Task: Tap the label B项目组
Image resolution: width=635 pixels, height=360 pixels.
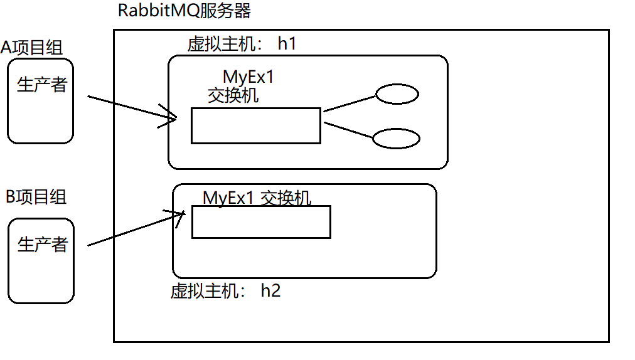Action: pos(36,196)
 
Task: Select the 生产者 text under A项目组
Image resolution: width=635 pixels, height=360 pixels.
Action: pos(41,85)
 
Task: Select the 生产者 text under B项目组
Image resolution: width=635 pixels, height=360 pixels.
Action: pos(42,244)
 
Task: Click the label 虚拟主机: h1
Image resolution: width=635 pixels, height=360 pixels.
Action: pos(242,44)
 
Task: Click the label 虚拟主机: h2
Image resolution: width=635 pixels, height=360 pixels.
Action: pos(225,291)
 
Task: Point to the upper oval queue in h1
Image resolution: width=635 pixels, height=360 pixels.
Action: pos(397,94)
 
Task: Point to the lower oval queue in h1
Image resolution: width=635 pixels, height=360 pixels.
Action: pos(396,139)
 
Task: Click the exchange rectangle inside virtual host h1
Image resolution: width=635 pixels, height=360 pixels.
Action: pos(255,125)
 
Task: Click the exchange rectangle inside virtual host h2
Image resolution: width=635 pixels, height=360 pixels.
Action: pos(260,221)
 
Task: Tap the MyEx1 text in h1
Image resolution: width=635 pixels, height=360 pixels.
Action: pos(248,78)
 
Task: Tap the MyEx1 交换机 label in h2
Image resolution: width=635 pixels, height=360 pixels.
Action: pos(257,198)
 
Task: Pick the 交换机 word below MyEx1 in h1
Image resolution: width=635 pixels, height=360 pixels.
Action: pos(233,95)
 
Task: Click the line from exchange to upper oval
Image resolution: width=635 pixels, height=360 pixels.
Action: pos(349,103)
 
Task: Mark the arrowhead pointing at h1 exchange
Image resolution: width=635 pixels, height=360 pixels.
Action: pos(171,117)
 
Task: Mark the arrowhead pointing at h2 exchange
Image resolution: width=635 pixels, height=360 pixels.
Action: pos(179,216)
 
